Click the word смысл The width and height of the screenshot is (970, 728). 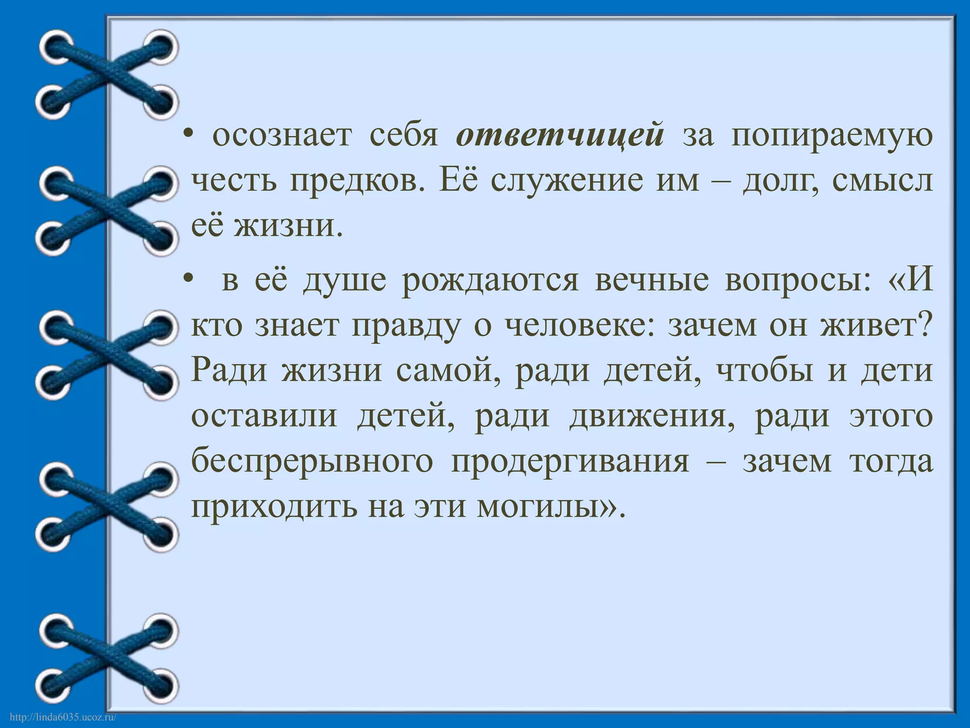[x=881, y=181]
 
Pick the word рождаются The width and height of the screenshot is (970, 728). [x=490, y=280]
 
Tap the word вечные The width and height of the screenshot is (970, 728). [x=652, y=280]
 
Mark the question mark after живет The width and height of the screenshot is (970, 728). [x=925, y=326]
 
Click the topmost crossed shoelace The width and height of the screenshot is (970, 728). [x=107, y=75]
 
